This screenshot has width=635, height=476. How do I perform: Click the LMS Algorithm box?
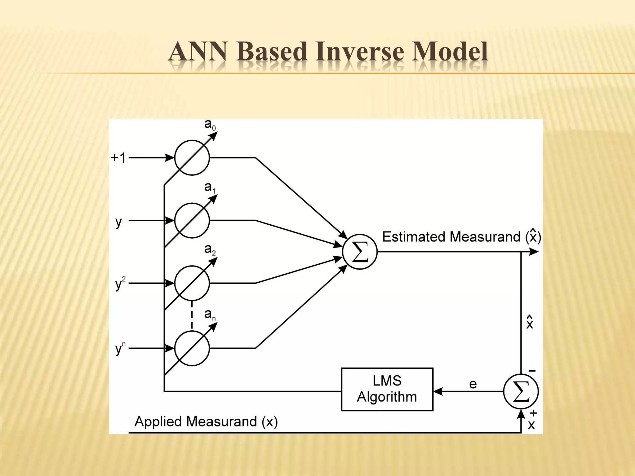(387, 389)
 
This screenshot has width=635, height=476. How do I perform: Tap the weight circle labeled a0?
(192, 158)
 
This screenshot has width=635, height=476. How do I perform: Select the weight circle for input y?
(192, 220)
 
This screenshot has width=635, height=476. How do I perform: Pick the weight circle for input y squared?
(192, 283)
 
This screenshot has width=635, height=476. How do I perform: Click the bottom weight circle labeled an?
(192, 348)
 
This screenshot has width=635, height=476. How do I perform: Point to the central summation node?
(360, 252)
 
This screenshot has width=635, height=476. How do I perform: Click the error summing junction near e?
(521, 391)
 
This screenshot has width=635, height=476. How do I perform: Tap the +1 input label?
(118, 158)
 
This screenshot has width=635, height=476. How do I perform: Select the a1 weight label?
(210, 187)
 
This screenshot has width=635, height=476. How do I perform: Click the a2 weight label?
(210, 249)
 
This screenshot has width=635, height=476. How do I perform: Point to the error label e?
(473, 384)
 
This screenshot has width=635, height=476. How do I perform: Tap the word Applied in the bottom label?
(158, 421)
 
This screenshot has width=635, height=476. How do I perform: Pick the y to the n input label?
(120, 348)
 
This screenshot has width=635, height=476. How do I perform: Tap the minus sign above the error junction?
(532, 371)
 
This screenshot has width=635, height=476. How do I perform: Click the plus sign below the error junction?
(533, 413)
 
